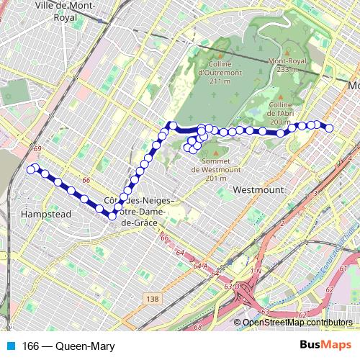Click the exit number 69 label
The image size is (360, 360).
click(x=37, y=148)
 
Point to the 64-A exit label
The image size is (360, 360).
click(x=199, y=266)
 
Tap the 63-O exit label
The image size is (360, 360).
click(x=231, y=286)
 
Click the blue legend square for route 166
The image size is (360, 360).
click(x=6, y=347)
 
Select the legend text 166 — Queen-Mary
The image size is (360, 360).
click(x=68, y=347)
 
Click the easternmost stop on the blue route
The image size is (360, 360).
click(x=329, y=128)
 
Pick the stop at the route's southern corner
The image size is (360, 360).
click(x=112, y=215)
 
